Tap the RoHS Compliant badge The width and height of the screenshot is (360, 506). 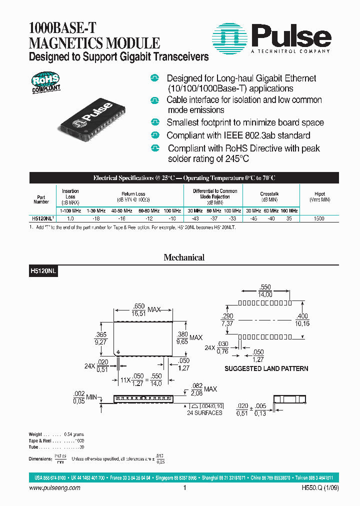[x=46, y=82]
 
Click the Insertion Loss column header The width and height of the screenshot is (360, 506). [x=70, y=197]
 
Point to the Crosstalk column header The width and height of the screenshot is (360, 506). [x=270, y=194]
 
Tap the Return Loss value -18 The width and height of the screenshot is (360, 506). [x=97, y=219]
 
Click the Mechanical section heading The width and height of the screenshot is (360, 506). [x=184, y=258]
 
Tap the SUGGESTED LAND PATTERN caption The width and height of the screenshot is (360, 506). [x=266, y=368]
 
